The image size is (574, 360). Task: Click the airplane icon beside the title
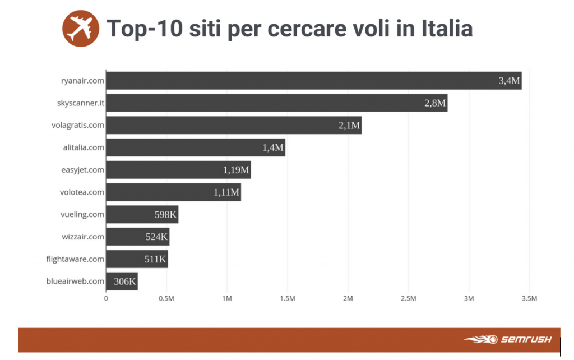80,29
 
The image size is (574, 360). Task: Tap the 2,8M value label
435,103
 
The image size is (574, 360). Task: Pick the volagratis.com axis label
78,125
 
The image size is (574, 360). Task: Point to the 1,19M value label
236,170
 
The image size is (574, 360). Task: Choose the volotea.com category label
82,192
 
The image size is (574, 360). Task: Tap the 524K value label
156,237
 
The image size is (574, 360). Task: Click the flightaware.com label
75,259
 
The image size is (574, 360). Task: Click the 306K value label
124,281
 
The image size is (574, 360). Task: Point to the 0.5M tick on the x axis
166,298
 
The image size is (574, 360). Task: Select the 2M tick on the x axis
348,298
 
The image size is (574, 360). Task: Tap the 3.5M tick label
529,298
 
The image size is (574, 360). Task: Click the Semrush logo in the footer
508,339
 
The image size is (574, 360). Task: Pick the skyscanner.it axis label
81,103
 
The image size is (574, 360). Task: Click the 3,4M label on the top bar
509,81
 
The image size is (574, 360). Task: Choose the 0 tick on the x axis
106,298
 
